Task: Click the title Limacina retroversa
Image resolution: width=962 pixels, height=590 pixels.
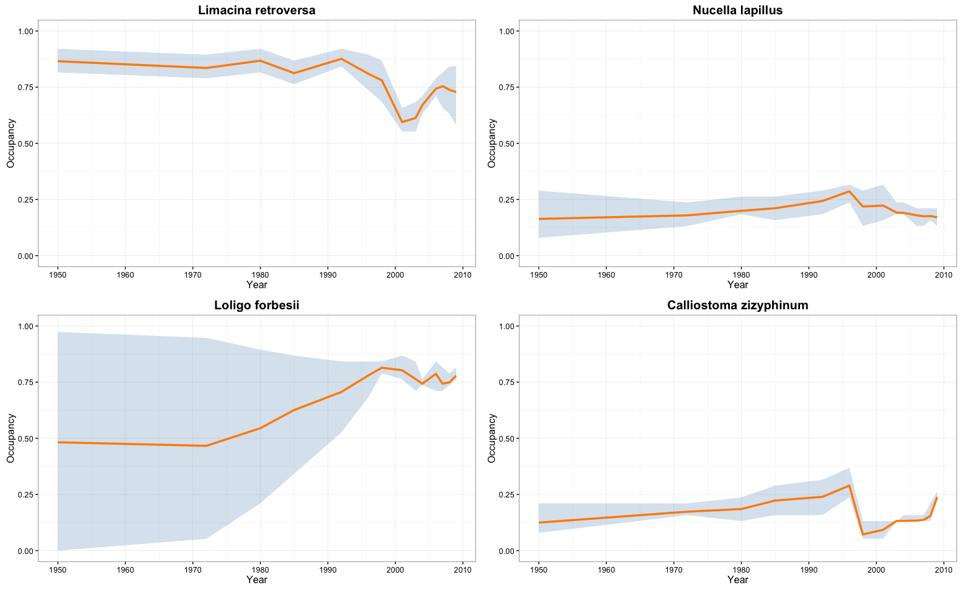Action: [x=256, y=10]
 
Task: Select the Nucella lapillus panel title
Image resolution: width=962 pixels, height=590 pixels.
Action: [x=737, y=10]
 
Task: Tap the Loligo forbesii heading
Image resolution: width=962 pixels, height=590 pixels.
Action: [x=256, y=305]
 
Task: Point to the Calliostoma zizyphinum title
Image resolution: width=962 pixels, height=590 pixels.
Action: [x=737, y=305]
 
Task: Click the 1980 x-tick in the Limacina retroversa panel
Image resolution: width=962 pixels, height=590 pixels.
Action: [x=260, y=274]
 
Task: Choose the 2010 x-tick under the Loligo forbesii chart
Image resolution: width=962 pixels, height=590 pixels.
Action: [x=462, y=569]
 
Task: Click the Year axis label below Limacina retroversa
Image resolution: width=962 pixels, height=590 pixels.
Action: [x=256, y=284]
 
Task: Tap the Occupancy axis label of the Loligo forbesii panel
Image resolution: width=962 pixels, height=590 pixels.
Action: [x=11, y=438]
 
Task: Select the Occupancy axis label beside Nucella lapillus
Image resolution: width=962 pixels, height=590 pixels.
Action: [x=492, y=143]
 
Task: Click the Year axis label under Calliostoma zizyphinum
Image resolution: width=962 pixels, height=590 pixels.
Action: [x=737, y=579]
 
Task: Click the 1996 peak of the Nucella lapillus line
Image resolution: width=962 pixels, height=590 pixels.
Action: [x=849, y=191]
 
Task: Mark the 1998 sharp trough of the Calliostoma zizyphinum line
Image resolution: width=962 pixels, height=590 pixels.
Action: [x=863, y=534]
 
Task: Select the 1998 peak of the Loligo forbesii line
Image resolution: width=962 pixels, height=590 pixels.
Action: [x=382, y=368]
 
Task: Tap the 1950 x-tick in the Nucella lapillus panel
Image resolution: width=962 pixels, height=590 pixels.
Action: [x=539, y=274]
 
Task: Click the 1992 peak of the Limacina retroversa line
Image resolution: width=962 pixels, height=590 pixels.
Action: [x=341, y=59]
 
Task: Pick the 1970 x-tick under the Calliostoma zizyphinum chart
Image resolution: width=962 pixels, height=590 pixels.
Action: [x=673, y=569]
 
